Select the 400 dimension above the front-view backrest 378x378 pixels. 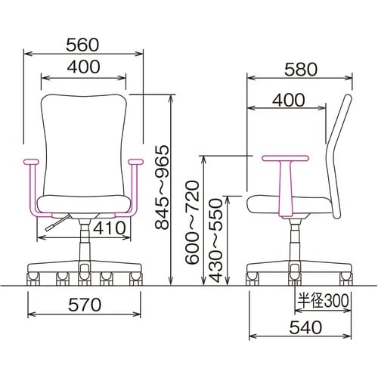click(83, 67)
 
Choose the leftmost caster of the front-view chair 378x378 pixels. click(34, 280)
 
